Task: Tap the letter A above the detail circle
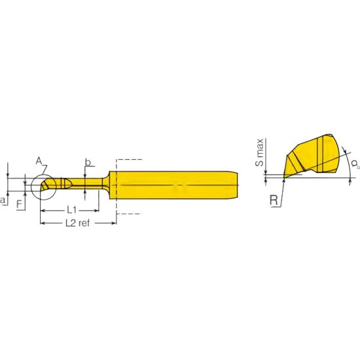pos(39,160)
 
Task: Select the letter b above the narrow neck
pos(87,162)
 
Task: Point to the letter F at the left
pos(19,204)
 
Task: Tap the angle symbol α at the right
pos(353,162)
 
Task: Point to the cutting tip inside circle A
pos(45,187)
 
